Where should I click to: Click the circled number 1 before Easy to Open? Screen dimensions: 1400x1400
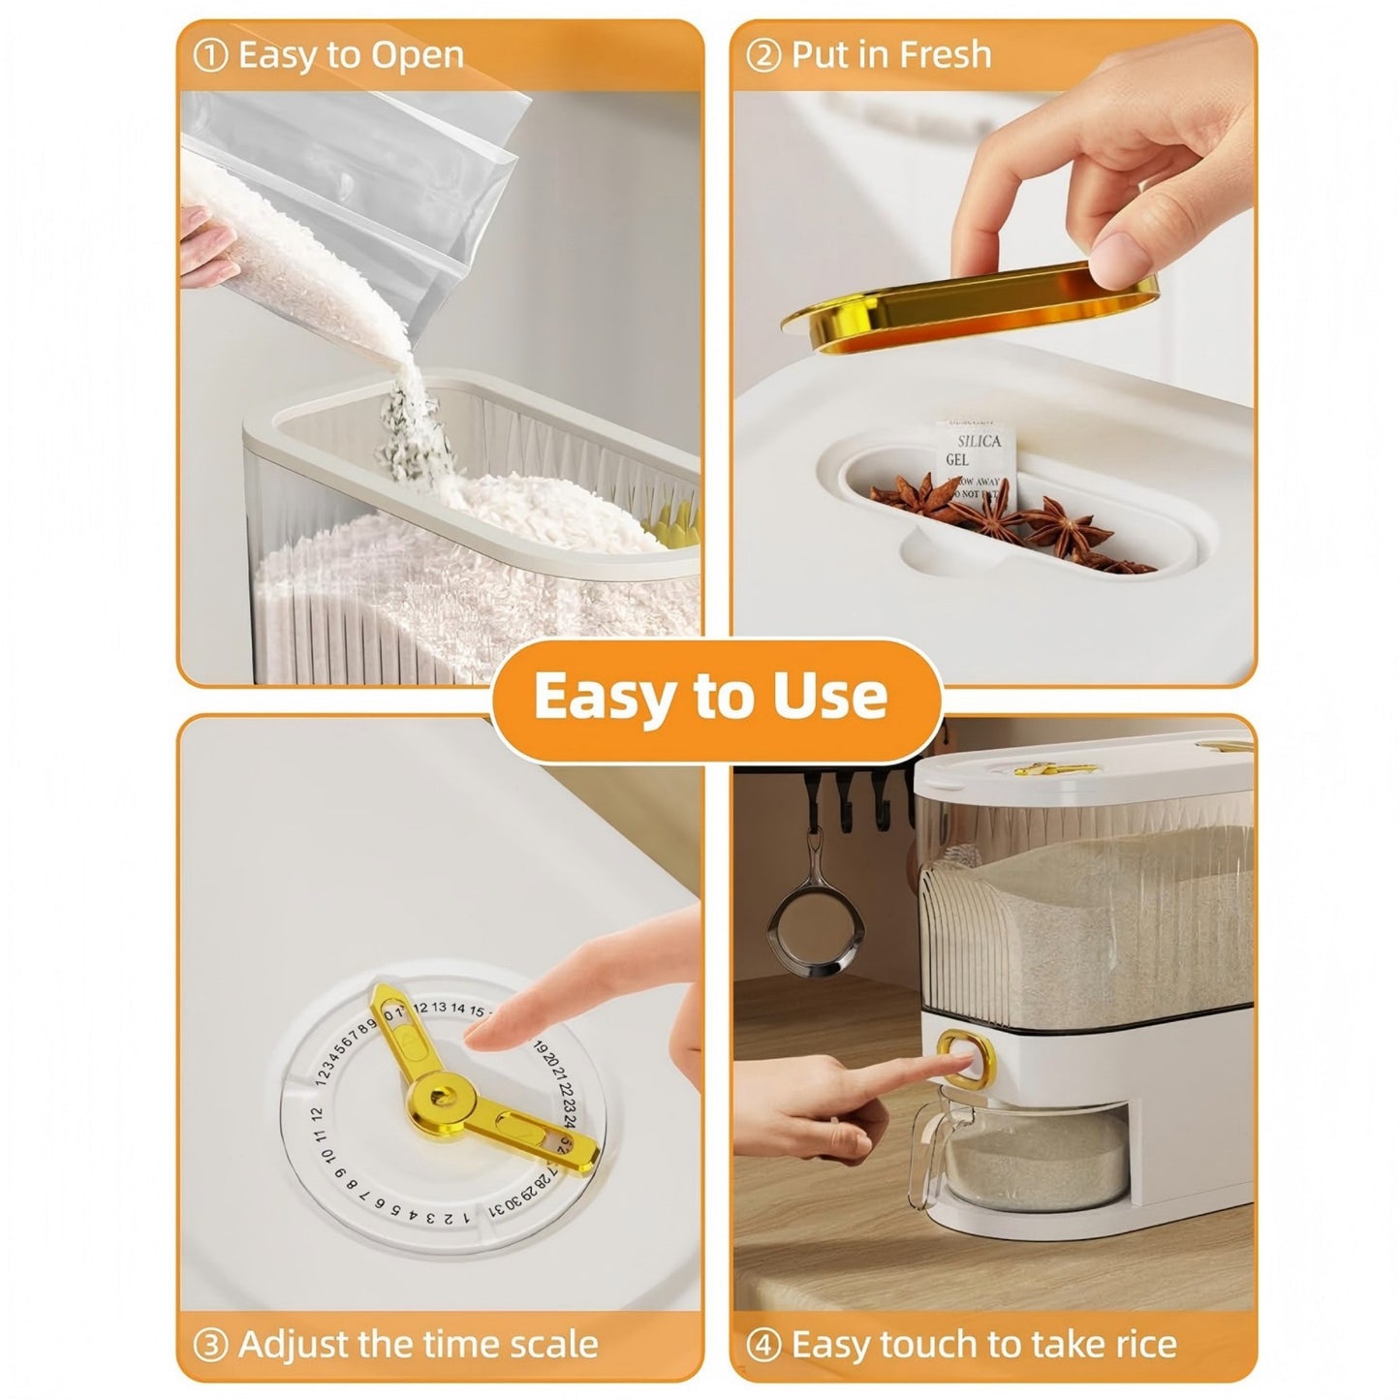click(x=210, y=56)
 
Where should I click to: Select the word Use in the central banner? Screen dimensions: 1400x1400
click(x=829, y=695)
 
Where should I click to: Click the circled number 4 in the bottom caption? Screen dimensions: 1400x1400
click(x=764, y=1345)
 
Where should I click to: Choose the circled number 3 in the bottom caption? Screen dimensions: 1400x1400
click(x=211, y=1345)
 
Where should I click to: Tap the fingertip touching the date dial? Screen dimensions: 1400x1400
click(x=476, y=1039)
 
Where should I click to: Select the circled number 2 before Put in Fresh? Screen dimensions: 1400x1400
click(x=763, y=56)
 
